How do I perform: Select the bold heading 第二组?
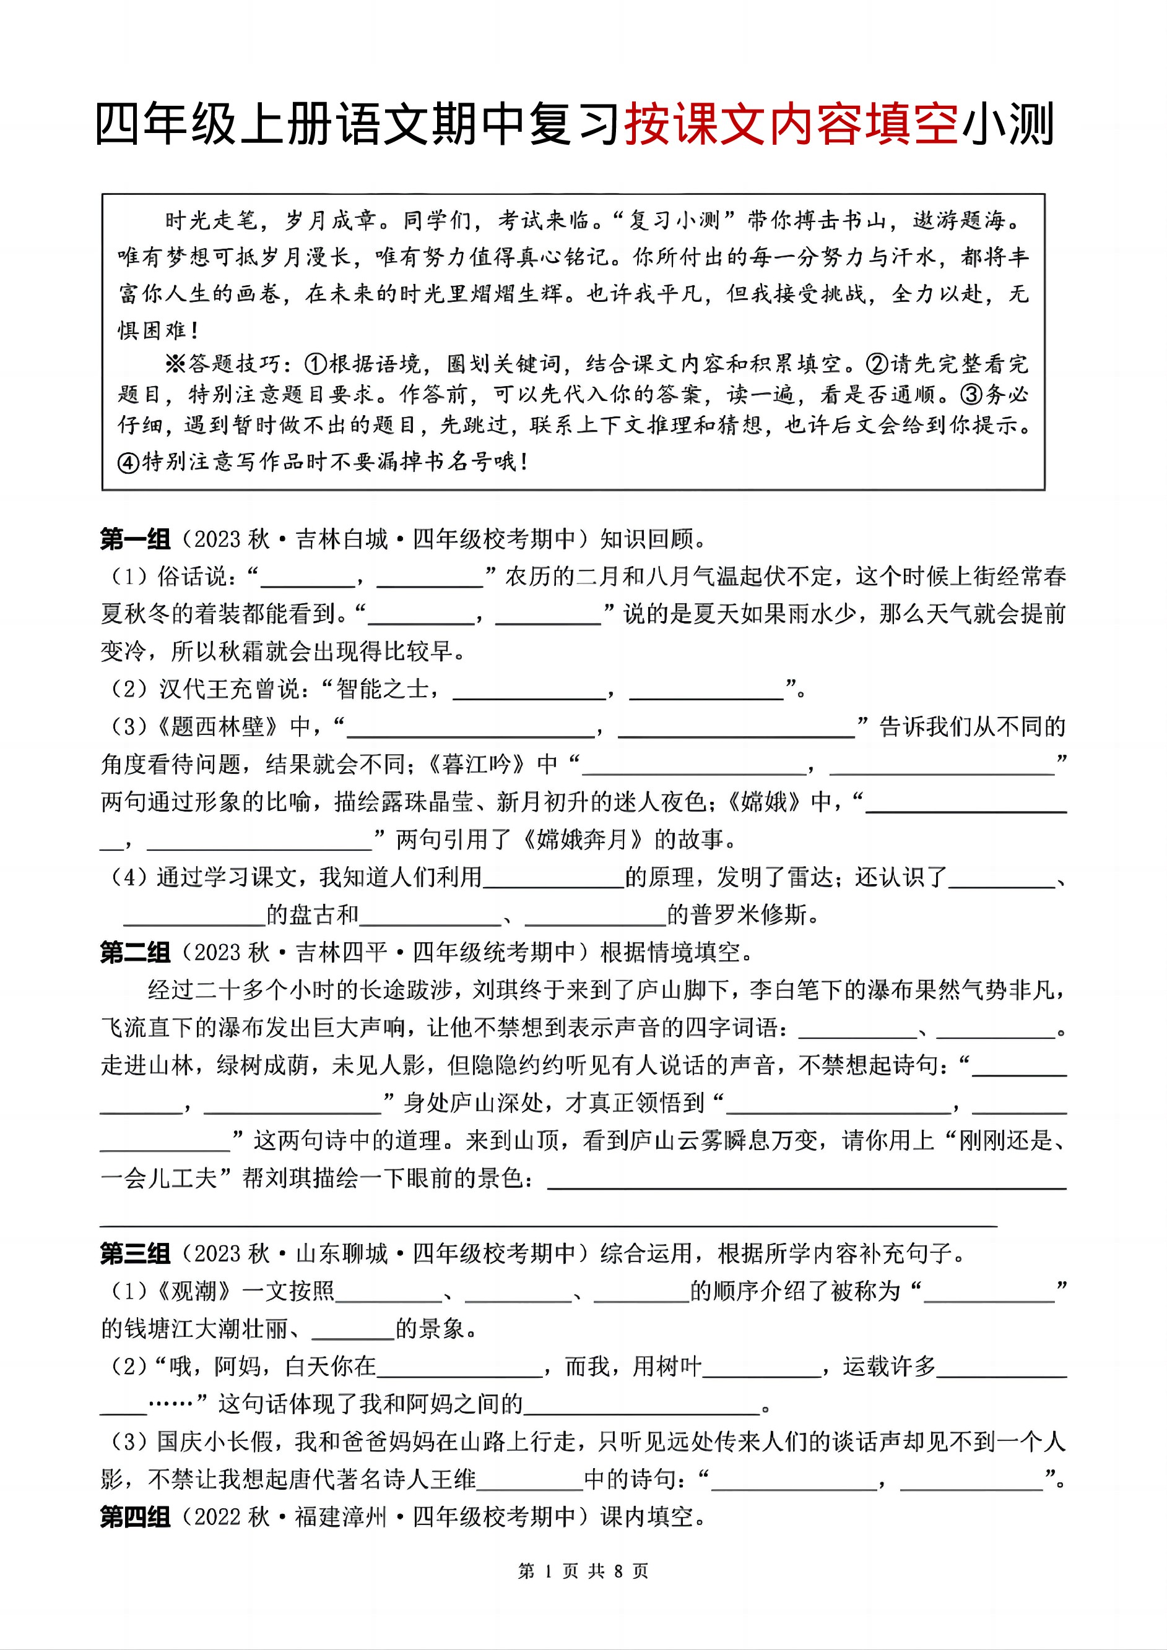135,952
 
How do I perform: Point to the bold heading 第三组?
135,1253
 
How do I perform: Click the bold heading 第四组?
135,1516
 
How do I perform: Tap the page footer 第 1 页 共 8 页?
583,1571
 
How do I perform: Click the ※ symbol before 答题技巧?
175,364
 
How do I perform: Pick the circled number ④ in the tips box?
128,462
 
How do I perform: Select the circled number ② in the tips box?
877,364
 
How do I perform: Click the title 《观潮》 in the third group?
194,1291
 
